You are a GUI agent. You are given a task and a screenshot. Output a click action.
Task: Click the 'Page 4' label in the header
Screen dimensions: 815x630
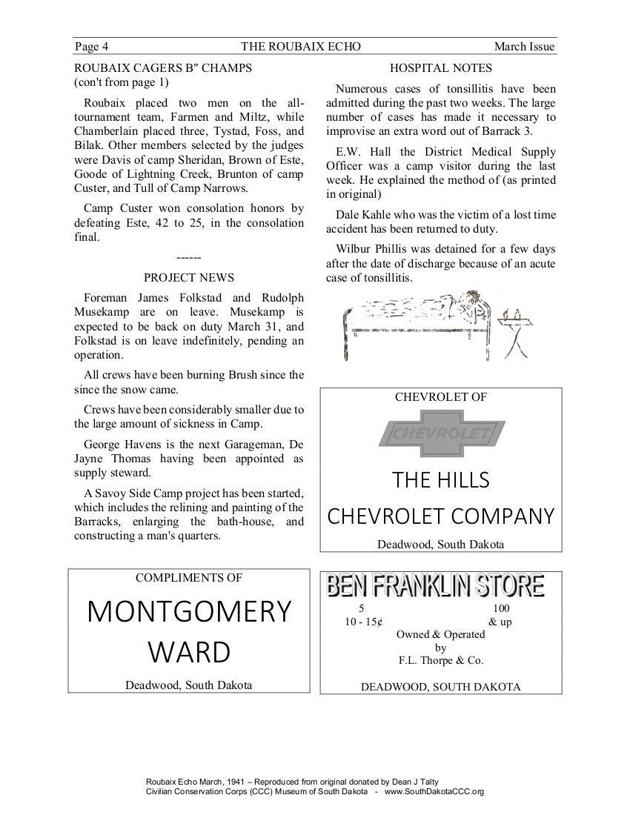(91, 47)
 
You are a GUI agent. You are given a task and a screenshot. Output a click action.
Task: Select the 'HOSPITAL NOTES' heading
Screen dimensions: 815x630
(441, 68)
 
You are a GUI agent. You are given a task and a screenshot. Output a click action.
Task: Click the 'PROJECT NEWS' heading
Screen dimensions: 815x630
(189, 278)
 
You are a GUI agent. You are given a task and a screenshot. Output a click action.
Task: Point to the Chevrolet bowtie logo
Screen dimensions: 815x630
(441, 433)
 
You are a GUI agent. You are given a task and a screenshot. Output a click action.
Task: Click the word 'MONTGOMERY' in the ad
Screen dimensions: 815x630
(189, 611)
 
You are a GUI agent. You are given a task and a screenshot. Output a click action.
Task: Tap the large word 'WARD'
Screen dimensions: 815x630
(189, 653)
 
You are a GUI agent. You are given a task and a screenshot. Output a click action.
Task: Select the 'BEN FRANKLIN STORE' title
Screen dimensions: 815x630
(436, 586)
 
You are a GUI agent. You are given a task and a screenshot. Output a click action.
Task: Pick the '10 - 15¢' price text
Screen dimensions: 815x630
(363, 622)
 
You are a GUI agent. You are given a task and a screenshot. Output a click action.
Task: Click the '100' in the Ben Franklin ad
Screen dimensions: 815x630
(501, 609)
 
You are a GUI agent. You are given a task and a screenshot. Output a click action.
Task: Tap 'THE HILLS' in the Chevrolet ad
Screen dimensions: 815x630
(441, 480)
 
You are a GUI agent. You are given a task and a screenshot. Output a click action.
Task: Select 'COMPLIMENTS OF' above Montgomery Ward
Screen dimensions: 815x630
(189, 578)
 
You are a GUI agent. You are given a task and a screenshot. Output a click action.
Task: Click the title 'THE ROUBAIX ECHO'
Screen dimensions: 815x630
(301, 47)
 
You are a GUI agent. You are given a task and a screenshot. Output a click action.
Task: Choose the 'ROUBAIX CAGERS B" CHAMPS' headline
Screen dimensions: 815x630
(163, 68)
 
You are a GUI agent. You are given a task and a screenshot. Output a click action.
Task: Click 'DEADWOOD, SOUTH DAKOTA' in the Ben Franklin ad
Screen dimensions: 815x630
(441, 687)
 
